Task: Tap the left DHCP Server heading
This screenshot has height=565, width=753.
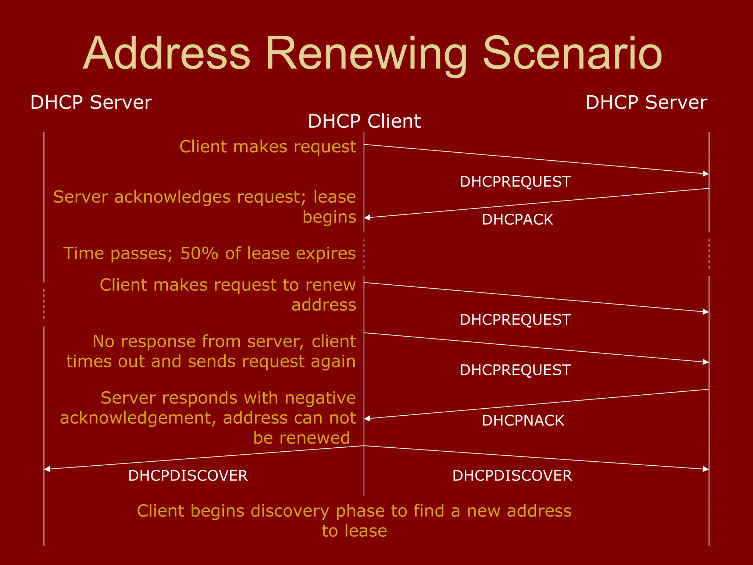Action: [91, 102]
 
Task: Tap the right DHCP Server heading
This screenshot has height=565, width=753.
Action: [646, 102]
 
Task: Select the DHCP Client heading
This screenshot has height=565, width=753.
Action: [364, 121]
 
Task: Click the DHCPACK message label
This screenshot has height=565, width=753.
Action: [517, 220]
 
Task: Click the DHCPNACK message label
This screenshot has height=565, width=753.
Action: [522, 420]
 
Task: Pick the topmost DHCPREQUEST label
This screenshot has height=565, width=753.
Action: [515, 182]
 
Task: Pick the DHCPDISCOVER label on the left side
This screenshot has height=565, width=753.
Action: [188, 476]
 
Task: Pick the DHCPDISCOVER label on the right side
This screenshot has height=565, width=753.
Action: [512, 476]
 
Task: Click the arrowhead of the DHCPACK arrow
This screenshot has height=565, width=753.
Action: [367, 218]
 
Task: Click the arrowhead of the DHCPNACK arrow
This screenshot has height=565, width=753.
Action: [367, 419]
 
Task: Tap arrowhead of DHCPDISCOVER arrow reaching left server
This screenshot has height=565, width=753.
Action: [47, 469]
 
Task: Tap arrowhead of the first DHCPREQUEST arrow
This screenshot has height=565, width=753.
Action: [706, 174]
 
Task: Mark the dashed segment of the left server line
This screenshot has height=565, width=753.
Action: [44, 304]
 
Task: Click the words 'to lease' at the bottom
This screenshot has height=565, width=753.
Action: [354, 531]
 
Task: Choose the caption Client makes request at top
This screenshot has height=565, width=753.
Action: [268, 147]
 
